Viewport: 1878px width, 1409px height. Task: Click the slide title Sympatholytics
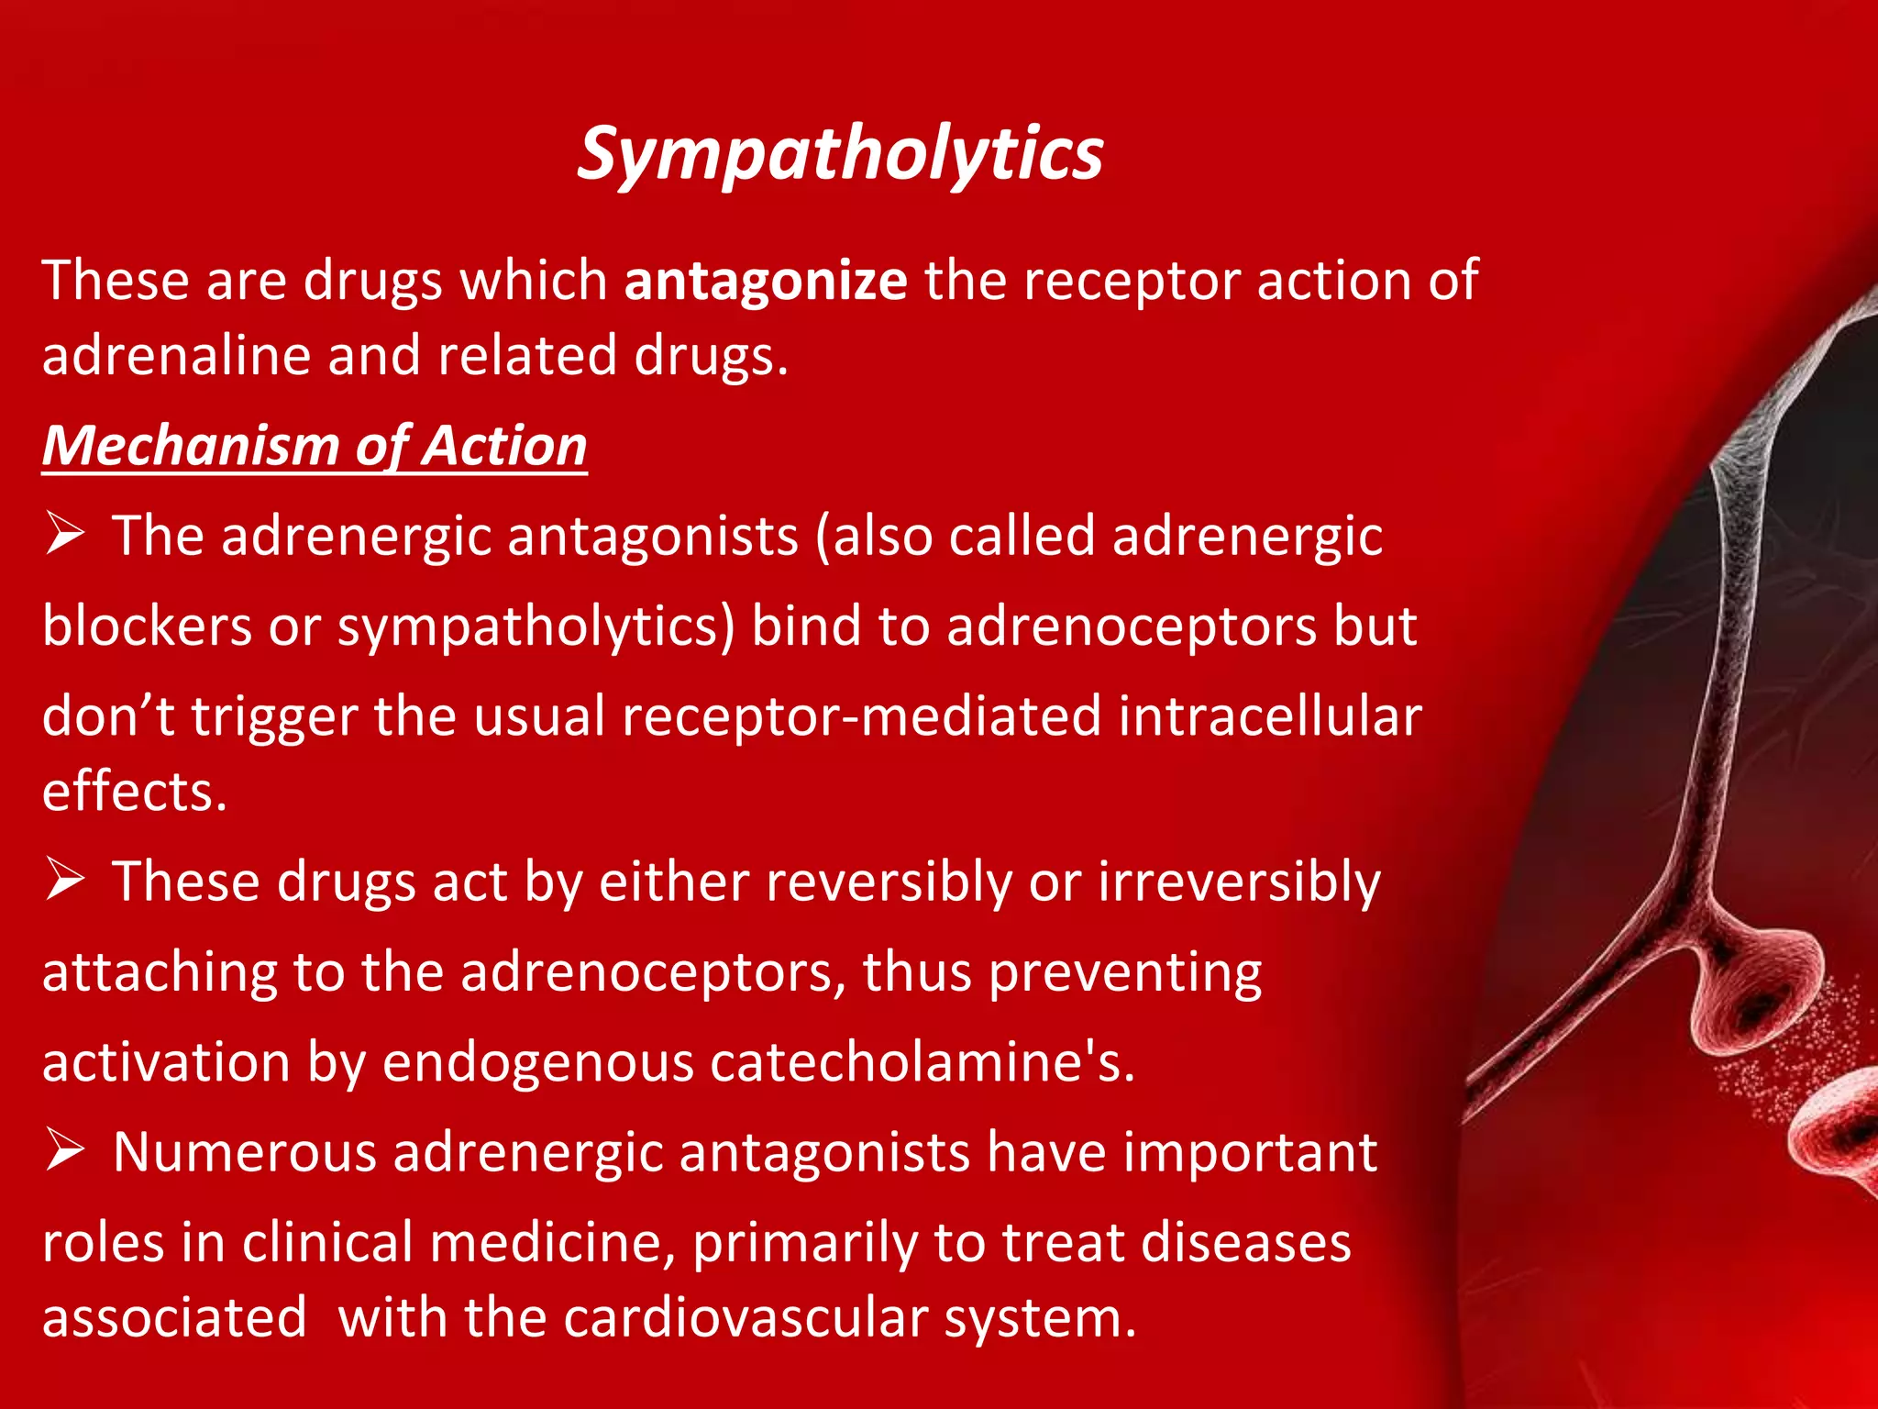click(x=839, y=154)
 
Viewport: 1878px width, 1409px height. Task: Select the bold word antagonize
click(x=766, y=280)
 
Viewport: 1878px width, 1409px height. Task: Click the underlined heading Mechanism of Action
click(x=315, y=446)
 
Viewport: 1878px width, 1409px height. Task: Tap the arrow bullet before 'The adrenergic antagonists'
click(x=65, y=534)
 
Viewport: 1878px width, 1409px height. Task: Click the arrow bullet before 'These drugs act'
click(x=65, y=880)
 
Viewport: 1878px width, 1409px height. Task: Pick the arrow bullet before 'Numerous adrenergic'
click(x=65, y=1150)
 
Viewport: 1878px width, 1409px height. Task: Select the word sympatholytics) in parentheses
click(x=536, y=627)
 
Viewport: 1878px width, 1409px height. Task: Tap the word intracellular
click(x=1270, y=716)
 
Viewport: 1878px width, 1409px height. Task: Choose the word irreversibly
click(x=1239, y=882)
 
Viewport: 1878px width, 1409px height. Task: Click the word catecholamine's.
click(x=922, y=1062)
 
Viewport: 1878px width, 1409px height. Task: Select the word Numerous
click(x=245, y=1152)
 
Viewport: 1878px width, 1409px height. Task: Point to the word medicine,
click(x=552, y=1242)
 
